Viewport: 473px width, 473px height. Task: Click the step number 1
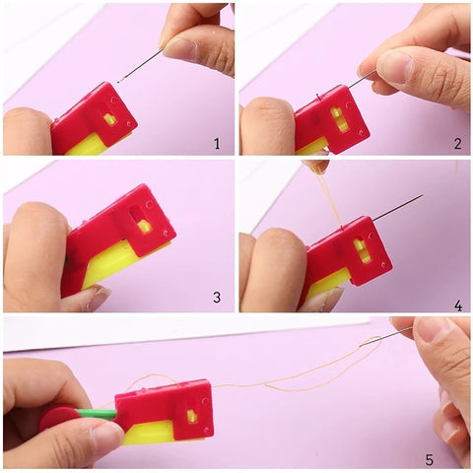click(216, 144)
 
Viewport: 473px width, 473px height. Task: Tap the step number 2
click(456, 144)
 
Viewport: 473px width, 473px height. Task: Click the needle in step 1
click(143, 66)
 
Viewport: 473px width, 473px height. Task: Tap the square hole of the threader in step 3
click(144, 226)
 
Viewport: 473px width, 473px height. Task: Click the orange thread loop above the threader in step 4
click(320, 197)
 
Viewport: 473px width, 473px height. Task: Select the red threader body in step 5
click(168, 406)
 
